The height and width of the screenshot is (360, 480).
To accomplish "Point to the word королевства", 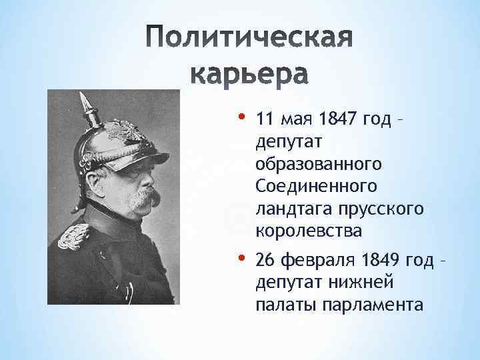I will pyautogui.click(x=309, y=231).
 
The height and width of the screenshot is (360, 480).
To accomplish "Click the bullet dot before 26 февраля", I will pyautogui.click(x=241, y=256).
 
